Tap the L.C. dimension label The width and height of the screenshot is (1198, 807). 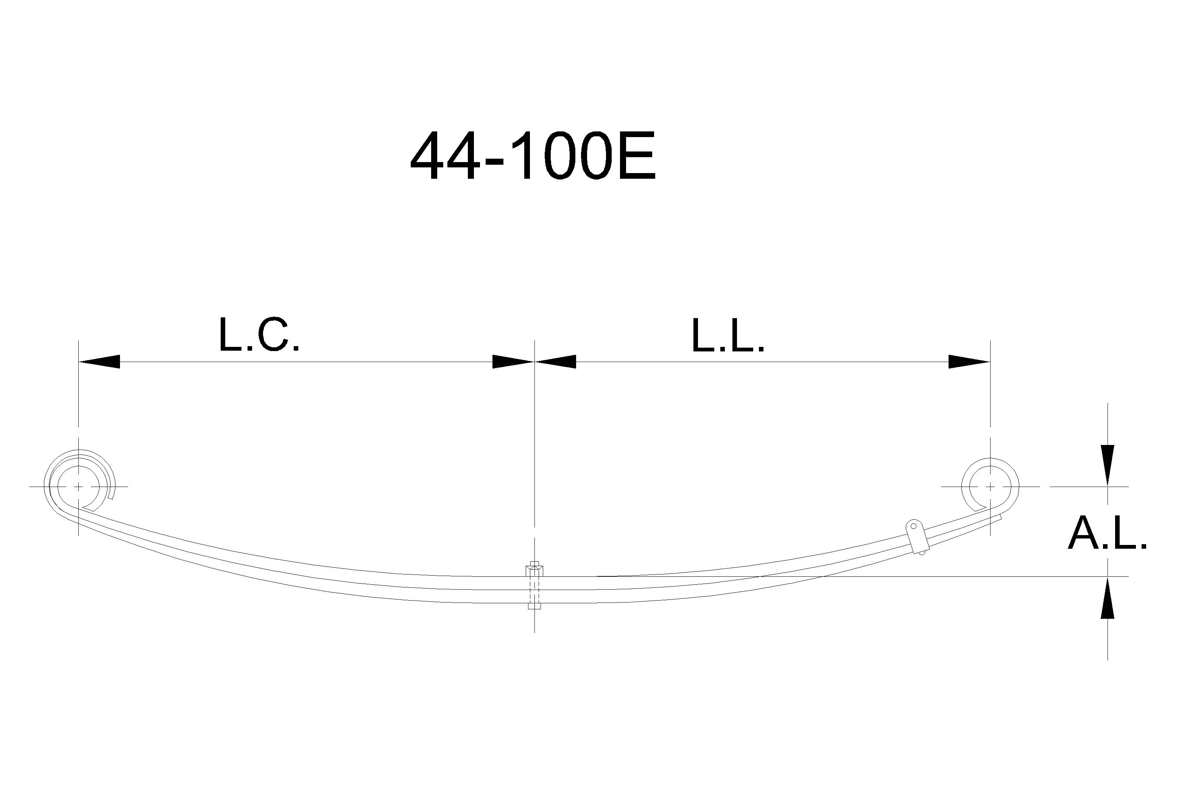tap(259, 335)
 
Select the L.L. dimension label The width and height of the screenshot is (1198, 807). tap(728, 336)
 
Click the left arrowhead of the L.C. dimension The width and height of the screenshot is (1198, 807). tap(99, 362)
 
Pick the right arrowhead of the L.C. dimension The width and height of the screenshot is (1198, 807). tap(513, 362)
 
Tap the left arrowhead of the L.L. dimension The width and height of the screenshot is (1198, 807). tap(556, 362)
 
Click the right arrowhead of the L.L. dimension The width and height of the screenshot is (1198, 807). tap(969, 362)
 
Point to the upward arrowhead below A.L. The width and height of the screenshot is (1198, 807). tap(1108, 597)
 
